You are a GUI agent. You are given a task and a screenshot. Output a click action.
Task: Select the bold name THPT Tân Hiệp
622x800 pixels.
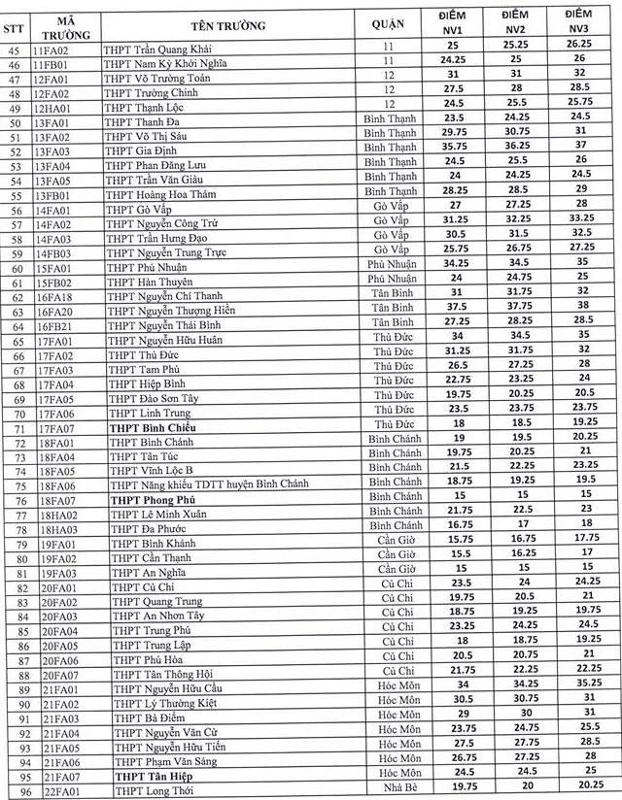(150, 777)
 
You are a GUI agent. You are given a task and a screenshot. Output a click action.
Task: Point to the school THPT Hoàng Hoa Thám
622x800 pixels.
(162, 193)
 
